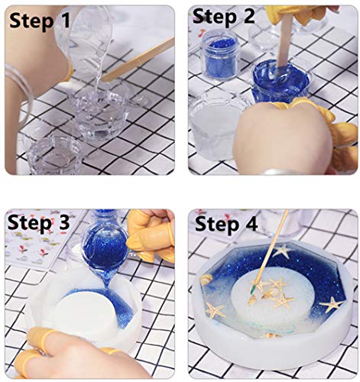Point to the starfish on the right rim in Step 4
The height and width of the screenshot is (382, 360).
click(x=331, y=304)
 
